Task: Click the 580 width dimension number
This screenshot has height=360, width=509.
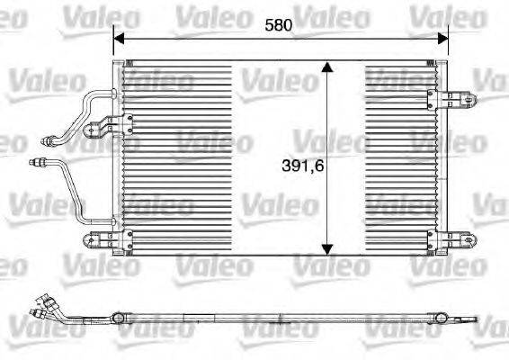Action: click(279, 26)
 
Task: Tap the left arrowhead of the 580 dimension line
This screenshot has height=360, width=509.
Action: click(118, 38)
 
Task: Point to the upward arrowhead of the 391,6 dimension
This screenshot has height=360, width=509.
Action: click(327, 68)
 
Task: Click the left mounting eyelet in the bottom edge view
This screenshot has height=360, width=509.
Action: click(118, 317)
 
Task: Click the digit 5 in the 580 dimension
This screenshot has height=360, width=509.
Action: click(269, 26)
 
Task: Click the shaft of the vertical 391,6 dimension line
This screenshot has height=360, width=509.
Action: click(327, 117)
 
